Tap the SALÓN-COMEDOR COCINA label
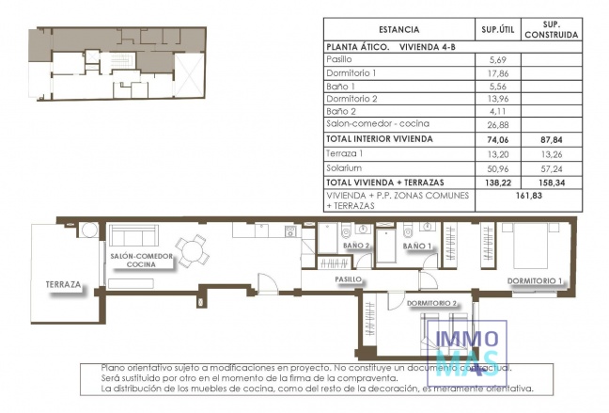coord(142,261)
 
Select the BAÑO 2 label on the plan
coord(355,246)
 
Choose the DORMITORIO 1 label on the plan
coord(534,280)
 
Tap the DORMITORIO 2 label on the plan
coord(432,303)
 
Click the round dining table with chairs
coord(195,250)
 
